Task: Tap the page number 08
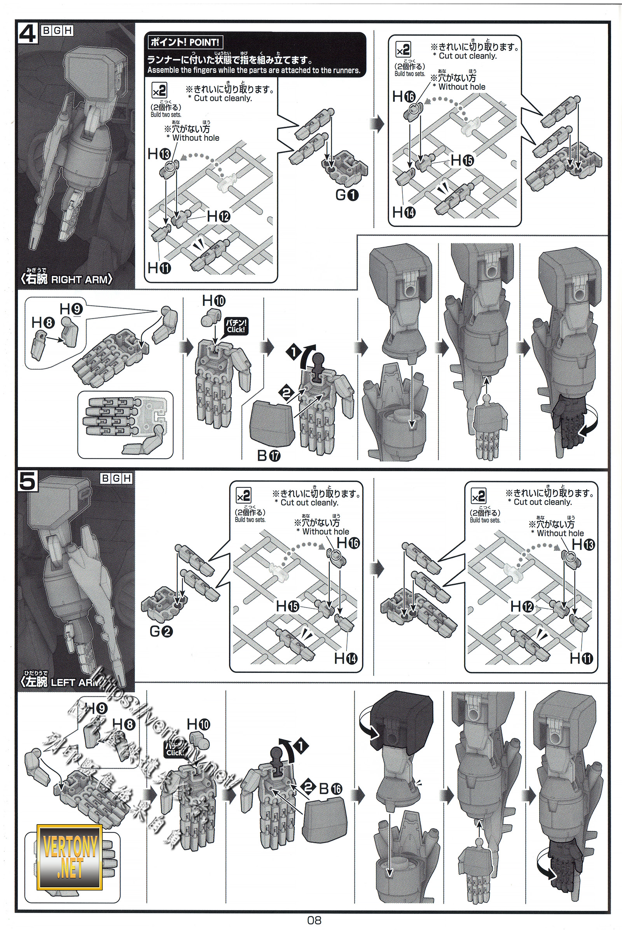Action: pyautogui.click(x=314, y=920)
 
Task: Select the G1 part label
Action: pyautogui.click(x=347, y=195)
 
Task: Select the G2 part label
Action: pyautogui.click(x=161, y=631)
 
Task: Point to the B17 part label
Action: pyautogui.click(x=269, y=456)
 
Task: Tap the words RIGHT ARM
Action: pyautogui.click(x=79, y=280)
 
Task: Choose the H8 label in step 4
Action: pyautogui.click(x=43, y=322)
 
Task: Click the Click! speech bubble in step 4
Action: pyautogui.click(x=236, y=326)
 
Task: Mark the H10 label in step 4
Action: pyautogui.click(x=213, y=301)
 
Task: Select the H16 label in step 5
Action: pyautogui.click(x=348, y=542)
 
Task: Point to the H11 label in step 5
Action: pyautogui.click(x=581, y=658)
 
